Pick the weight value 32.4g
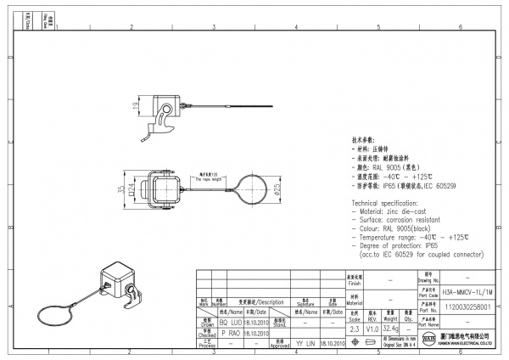tap(392, 327)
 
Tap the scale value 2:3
tap(354, 327)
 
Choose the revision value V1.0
tap(372, 327)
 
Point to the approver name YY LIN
tap(305, 344)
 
